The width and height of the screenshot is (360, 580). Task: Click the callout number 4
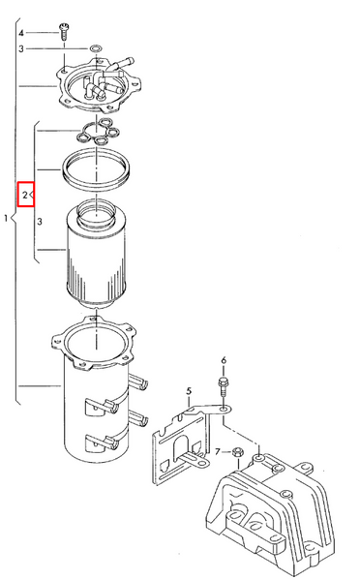tap(21, 33)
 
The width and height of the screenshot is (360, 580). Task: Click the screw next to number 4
tap(64, 31)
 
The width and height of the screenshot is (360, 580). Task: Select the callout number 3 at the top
tap(21, 48)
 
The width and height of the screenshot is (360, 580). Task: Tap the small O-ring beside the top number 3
tap(96, 48)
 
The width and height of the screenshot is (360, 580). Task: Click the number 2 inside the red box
tap(25, 195)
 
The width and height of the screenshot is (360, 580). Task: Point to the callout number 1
tap(6, 218)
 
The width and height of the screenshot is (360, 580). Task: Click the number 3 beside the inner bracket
tap(40, 222)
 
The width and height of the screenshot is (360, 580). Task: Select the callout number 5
tap(189, 391)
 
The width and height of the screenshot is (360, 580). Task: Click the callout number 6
tap(224, 360)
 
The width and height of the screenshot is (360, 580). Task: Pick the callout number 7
tap(218, 451)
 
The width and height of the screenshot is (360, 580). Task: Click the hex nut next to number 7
tap(237, 452)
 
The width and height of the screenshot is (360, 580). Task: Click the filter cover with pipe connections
tap(99, 85)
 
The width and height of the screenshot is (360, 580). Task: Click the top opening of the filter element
tap(96, 215)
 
